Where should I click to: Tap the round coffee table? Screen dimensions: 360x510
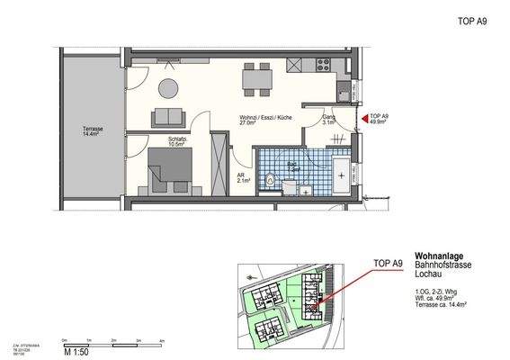pyautogui.click(x=169, y=86)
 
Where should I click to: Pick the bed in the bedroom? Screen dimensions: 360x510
pyautogui.click(x=160, y=173)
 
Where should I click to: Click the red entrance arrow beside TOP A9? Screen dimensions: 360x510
pyautogui.click(x=363, y=117)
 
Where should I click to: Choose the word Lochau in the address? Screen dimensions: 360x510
pyautogui.click(x=427, y=271)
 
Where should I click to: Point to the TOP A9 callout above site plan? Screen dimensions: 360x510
pyautogui.click(x=389, y=263)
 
